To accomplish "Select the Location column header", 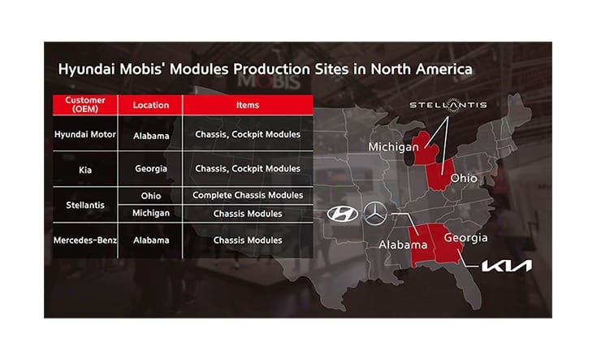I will point(150,105).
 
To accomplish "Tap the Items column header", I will point(248,105).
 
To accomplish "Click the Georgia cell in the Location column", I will point(150,169).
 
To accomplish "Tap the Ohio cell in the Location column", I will point(150,196).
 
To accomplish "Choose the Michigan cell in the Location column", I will point(150,214).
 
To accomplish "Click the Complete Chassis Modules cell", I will point(248,196).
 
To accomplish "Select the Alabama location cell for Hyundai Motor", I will point(150,135).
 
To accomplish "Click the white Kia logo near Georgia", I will point(506,266).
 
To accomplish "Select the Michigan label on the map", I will point(393,147).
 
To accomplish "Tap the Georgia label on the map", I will point(465,237).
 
